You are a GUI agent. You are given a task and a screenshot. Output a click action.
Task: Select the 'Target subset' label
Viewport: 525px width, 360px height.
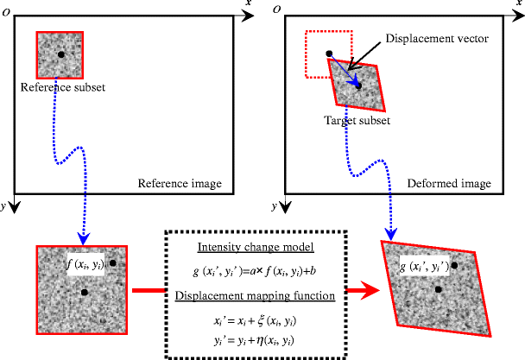[357, 120]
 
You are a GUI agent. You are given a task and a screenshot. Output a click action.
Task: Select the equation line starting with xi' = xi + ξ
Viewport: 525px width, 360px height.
[256, 320]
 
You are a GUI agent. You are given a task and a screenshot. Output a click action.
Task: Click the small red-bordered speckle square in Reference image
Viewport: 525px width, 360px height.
[60, 54]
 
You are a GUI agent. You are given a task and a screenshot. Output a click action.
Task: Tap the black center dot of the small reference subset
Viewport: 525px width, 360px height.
[60, 55]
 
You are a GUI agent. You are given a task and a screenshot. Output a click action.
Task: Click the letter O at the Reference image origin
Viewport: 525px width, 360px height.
[6, 9]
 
